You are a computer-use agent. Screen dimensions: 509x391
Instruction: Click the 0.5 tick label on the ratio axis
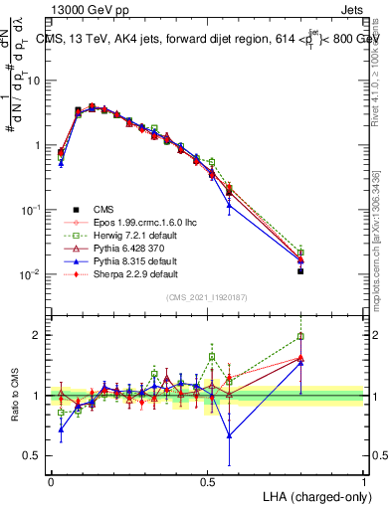pos(36,455)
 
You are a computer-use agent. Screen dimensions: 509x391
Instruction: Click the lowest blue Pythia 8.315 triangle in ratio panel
pos(230,434)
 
